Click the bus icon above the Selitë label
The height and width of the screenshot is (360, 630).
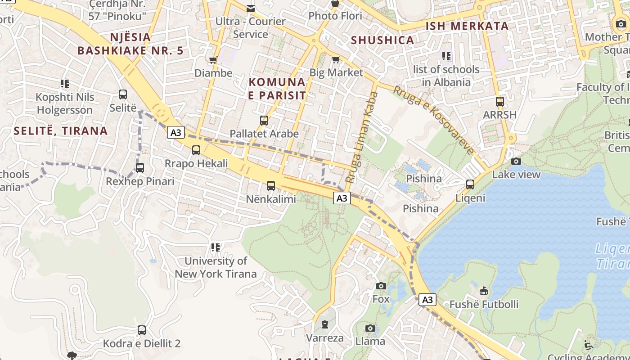[123, 94]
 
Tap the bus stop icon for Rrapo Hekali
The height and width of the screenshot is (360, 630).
[196, 150]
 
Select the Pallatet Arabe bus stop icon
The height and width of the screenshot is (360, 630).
[264, 121]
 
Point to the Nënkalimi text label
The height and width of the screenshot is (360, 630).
[271, 199]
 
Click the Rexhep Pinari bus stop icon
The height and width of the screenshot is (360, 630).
[140, 168]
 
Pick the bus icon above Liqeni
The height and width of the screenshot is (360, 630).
[470, 184]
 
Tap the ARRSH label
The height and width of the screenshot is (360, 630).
[499, 115]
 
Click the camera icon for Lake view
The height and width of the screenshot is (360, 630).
[516, 161]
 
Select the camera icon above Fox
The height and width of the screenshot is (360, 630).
[381, 286]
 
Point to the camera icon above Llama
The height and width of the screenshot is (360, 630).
[370, 328]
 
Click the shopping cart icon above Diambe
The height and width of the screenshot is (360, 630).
[213, 60]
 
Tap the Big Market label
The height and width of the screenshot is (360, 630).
[336, 72]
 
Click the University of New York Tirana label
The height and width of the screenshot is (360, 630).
[216, 267]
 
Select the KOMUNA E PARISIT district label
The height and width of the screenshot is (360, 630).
[277, 89]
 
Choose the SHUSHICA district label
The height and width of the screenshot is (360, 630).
[382, 40]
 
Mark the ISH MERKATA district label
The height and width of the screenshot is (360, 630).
[467, 26]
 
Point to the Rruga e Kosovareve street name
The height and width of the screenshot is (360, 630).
[434, 120]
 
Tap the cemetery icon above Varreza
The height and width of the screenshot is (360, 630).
[325, 324]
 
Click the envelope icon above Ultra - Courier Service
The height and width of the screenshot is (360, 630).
[251, 8]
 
